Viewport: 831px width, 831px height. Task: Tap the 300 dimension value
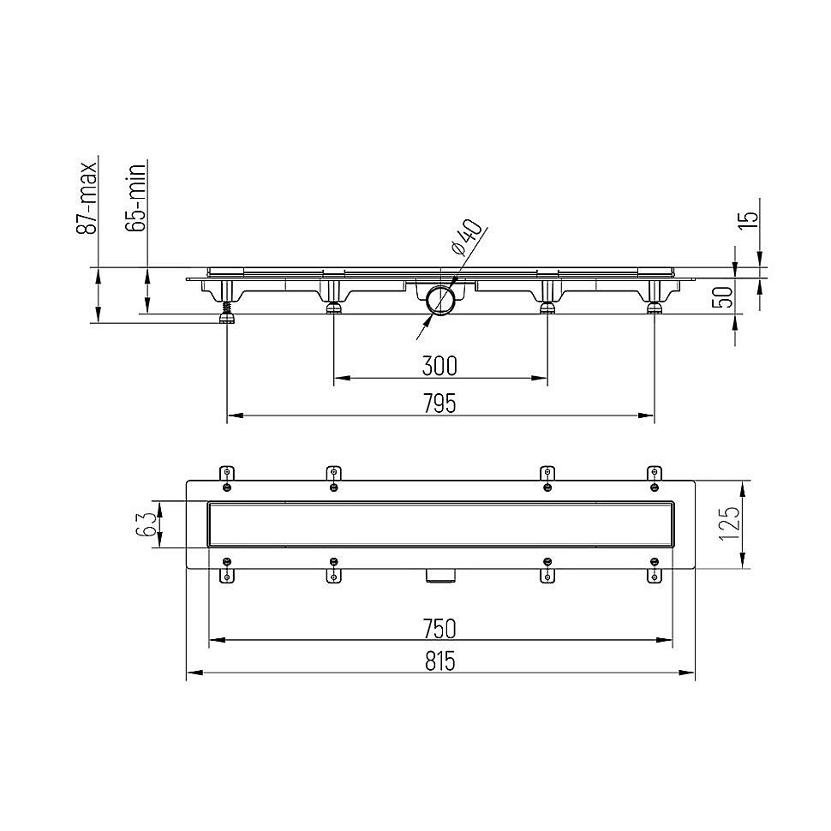(439, 366)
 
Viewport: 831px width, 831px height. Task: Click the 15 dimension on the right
(748, 218)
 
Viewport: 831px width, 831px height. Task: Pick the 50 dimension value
(724, 297)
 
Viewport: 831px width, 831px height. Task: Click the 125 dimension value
(728, 523)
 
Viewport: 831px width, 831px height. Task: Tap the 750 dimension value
(440, 628)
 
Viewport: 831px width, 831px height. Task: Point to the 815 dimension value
(440, 661)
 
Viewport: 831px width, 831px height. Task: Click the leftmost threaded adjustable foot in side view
(228, 313)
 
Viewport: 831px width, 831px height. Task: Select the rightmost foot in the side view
(654, 306)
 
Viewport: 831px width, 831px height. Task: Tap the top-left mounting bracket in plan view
(226, 478)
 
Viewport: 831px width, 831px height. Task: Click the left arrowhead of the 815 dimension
(190, 673)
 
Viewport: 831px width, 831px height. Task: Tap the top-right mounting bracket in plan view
(655, 478)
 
